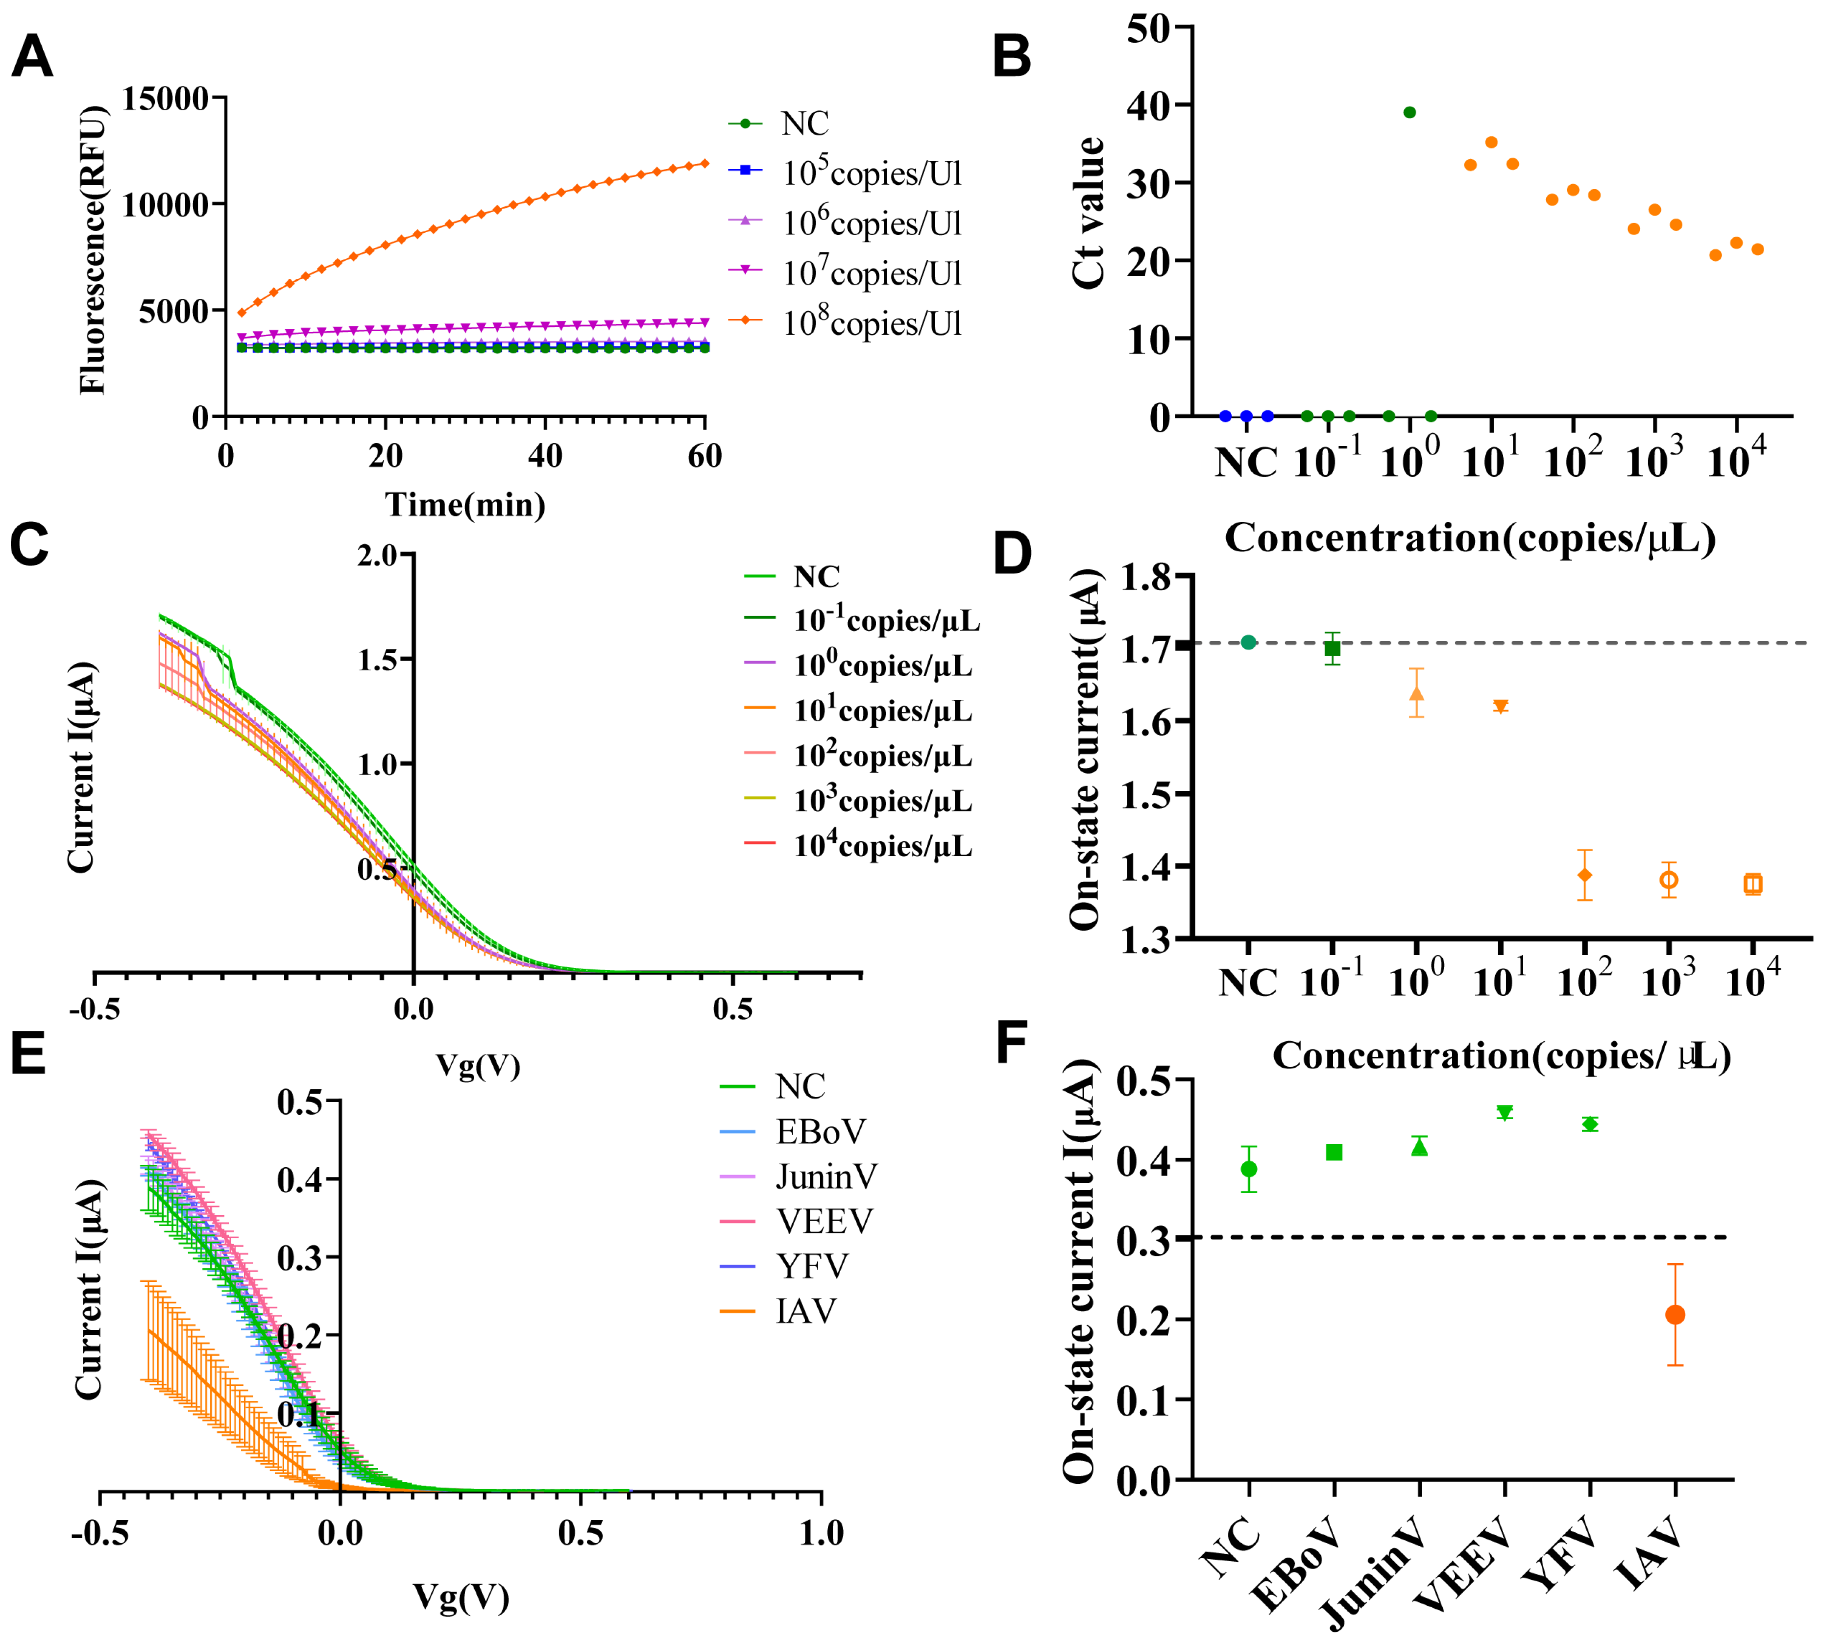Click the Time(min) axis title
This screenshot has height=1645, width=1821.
(465, 504)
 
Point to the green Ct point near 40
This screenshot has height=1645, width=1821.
(1409, 113)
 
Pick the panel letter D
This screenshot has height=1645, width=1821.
(1012, 553)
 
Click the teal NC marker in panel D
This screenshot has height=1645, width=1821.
(1248, 642)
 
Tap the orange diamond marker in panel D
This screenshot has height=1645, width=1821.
(1584, 875)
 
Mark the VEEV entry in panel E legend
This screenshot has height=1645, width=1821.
(824, 1221)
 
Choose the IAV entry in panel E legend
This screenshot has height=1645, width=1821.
(806, 1311)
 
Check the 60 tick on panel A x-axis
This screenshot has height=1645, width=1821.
(704, 456)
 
